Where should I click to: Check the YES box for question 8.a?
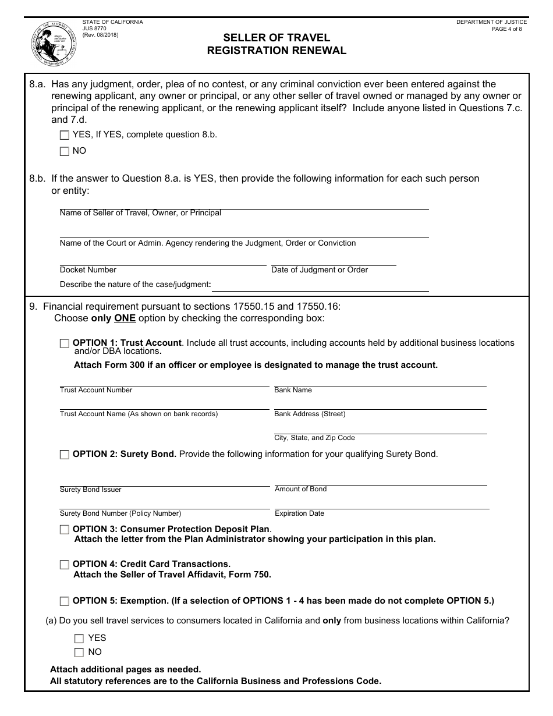(x=65, y=135)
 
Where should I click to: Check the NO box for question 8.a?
(x=65, y=151)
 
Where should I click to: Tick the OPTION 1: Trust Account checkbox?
(x=65, y=343)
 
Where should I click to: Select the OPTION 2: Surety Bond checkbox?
(x=65, y=455)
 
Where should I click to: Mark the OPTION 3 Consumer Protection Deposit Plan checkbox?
(x=65, y=530)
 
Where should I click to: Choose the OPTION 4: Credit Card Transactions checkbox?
(x=65, y=565)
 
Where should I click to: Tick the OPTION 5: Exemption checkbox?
(x=65, y=601)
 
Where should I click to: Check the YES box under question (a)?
(x=79, y=639)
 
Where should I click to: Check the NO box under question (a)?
(x=79, y=653)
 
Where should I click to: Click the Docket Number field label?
(x=88, y=270)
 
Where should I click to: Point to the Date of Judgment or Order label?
(x=320, y=270)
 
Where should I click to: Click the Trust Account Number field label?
(x=96, y=390)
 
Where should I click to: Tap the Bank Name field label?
(x=293, y=390)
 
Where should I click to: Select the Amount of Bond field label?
(x=300, y=489)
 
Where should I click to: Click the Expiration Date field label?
(x=299, y=513)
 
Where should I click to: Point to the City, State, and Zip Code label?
(x=314, y=438)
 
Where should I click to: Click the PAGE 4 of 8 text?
(x=506, y=29)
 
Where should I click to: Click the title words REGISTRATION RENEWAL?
(x=276, y=51)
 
